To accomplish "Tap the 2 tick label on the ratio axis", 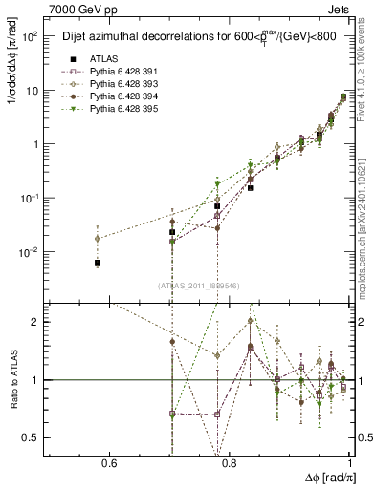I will (36, 322).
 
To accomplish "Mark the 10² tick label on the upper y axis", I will (30, 37).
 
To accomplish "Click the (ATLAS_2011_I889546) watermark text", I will (197, 285).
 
